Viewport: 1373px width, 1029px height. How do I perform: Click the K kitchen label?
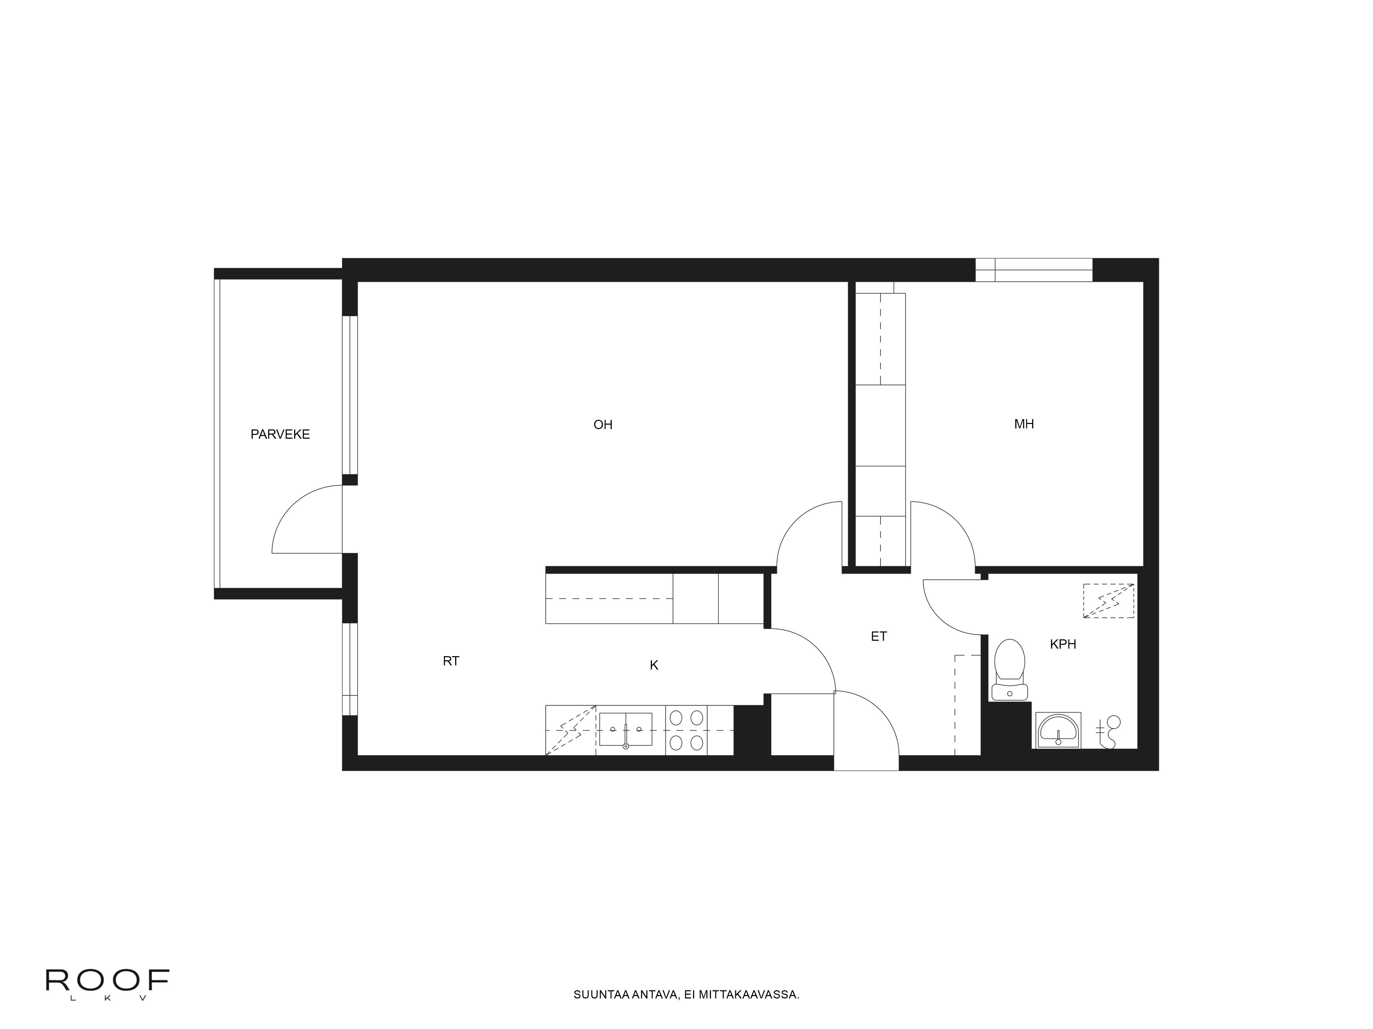(654, 665)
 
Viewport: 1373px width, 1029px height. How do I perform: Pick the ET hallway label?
(878, 636)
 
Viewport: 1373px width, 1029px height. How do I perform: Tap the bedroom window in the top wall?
(1034, 270)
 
